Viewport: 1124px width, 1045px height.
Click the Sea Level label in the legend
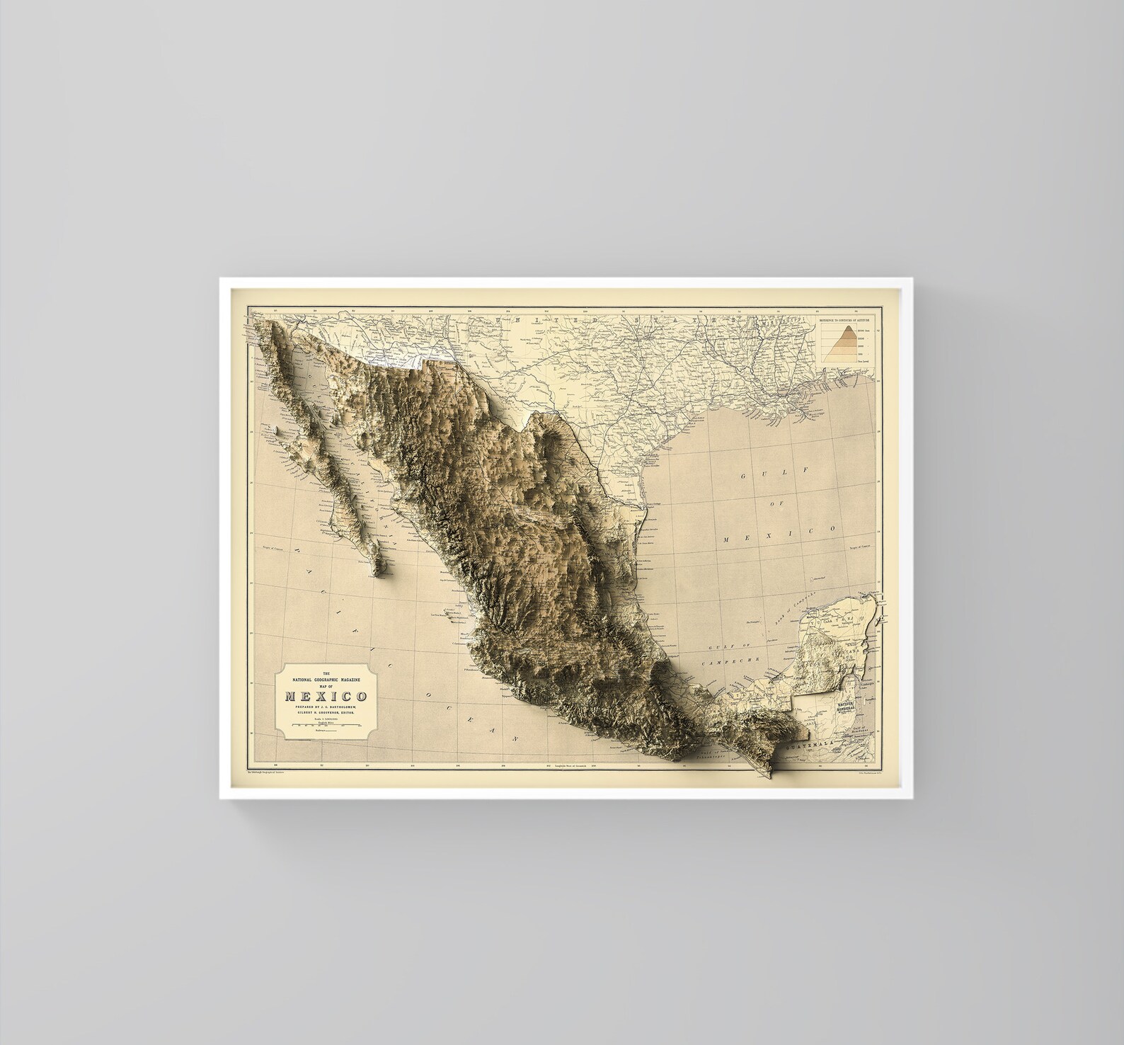point(864,361)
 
